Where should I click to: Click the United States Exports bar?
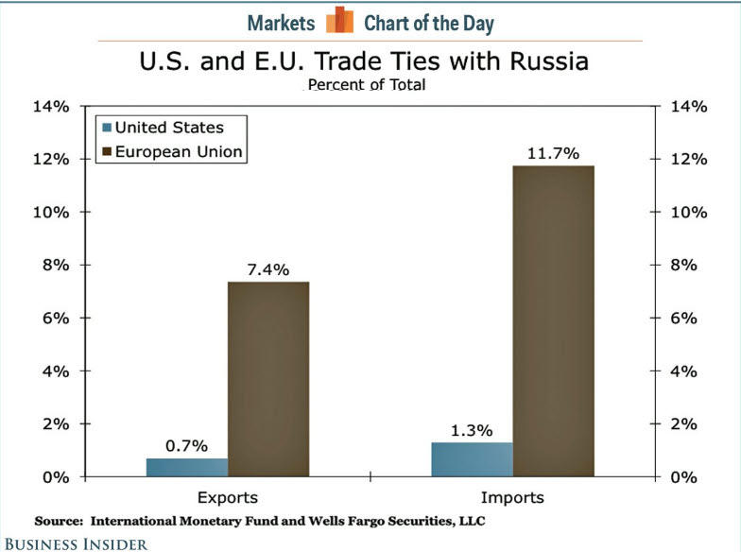point(187,467)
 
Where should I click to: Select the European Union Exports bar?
point(268,379)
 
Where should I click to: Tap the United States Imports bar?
point(471,459)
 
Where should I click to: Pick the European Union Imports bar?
point(553,321)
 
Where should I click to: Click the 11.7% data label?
point(553,151)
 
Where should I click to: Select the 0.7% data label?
point(187,445)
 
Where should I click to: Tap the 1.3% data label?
point(471,430)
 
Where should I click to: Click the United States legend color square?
point(106,127)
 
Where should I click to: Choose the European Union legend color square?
point(106,152)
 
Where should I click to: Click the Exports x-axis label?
point(227,497)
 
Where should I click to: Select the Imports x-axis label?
point(512,497)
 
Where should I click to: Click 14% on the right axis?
point(688,106)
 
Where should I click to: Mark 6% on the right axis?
point(684,318)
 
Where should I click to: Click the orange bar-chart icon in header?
point(339,21)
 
